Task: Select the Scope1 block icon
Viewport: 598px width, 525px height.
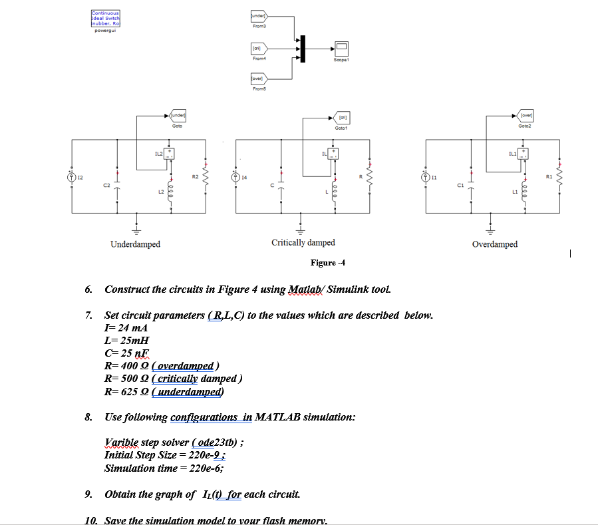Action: pos(341,48)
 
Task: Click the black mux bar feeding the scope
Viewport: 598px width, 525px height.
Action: pos(303,48)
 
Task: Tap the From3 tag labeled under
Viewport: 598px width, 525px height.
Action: pos(258,17)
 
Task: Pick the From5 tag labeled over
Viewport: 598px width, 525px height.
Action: pos(258,79)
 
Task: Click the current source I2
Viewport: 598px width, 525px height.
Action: pos(71,177)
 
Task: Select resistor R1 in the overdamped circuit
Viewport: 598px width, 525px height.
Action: pos(559,177)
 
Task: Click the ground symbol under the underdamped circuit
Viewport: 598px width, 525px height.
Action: pos(136,228)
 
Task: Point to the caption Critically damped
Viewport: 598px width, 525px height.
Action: pos(303,243)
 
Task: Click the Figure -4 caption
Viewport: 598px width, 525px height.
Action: pos(328,263)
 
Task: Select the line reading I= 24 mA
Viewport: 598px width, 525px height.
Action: pos(126,328)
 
